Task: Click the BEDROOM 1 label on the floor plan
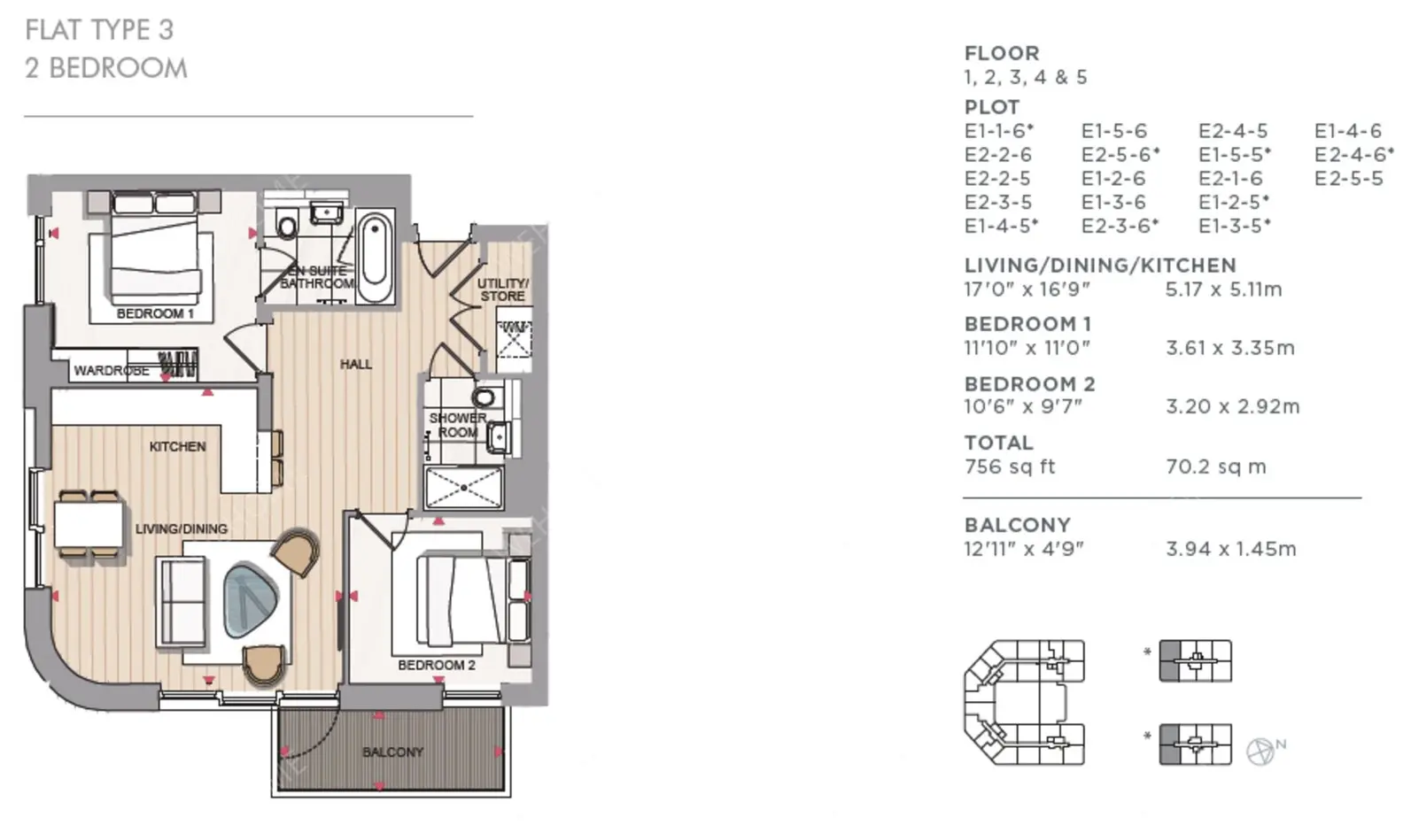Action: click(155, 313)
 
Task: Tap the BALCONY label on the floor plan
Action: click(393, 752)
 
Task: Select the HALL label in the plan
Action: click(356, 364)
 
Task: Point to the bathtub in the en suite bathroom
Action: click(375, 257)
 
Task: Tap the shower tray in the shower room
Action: click(464, 487)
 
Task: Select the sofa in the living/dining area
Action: click(182, 602)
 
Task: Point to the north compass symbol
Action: click(1261, 751)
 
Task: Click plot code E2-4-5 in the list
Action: click(1233, 131)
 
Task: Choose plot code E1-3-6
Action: click(1113, 202)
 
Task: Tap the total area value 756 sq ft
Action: click(1009, 466)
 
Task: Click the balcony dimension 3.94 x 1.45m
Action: click(1231, 549)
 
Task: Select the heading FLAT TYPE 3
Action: click(99, 29)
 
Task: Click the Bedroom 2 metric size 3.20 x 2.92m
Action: click(1233, 406)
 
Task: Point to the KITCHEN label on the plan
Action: click(178, 446)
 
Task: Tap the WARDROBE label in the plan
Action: click(112, 370)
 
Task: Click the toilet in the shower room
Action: click(485, 397)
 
